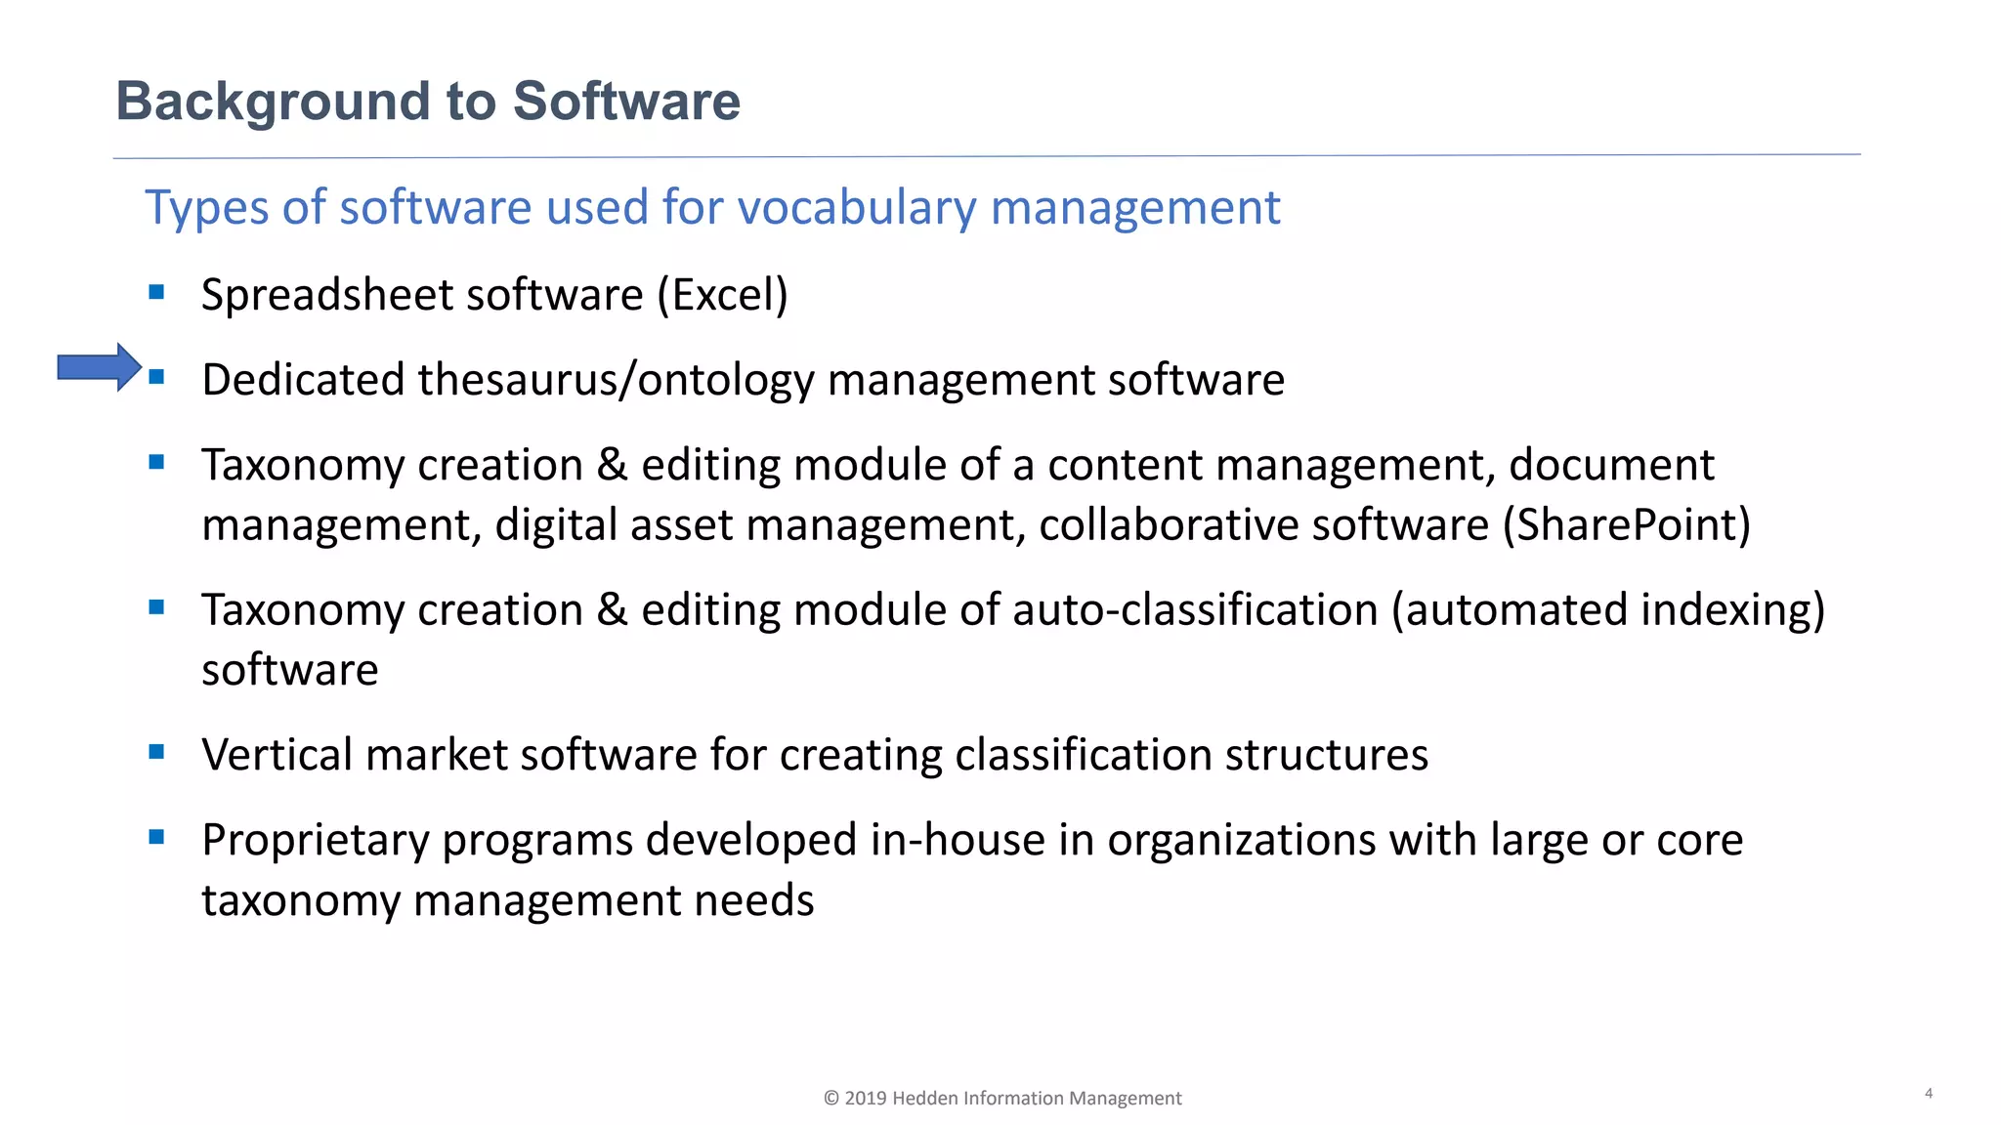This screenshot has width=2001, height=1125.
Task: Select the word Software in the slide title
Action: coord(626,102)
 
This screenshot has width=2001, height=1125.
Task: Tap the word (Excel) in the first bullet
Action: coord(722,295)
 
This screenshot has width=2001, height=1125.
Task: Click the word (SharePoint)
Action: coord(1626,525)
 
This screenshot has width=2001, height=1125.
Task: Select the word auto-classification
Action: coord(1195,610)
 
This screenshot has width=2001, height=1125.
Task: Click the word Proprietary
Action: coord(315,841)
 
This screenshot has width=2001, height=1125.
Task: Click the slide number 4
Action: coord(1929,1093)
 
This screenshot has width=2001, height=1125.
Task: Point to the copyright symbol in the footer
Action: coord(831,1099)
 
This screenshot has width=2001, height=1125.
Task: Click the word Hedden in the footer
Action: coord(925,1099)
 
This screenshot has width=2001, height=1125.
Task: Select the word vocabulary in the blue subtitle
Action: coord(857,208)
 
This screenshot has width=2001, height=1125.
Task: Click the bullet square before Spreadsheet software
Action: coord(156,292)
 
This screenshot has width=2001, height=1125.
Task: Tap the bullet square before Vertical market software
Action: coord(156,752)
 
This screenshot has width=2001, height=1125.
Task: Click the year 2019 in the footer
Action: coord(866,1099)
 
